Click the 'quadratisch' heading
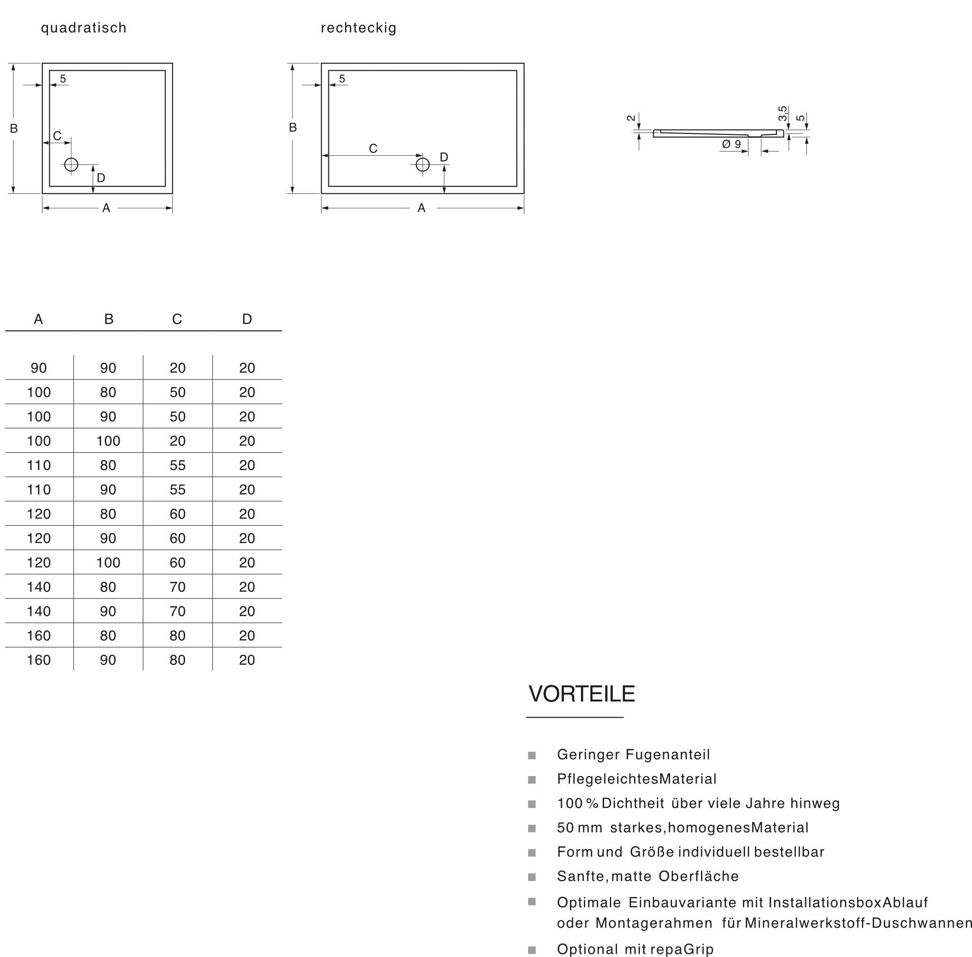84,28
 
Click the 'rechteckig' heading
359,28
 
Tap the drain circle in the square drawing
71,164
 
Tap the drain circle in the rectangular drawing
422,164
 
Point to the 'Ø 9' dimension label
731,144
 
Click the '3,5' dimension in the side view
783,113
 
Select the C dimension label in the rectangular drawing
373,149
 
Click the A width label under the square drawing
106,208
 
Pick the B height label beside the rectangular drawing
293,128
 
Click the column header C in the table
177,319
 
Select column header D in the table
247,319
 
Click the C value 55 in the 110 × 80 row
178,465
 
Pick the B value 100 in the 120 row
108,563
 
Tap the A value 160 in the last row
38,660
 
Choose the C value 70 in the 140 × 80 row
178,587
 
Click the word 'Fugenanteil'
668,755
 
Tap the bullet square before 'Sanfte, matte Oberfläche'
532,877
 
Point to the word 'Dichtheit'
633,803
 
